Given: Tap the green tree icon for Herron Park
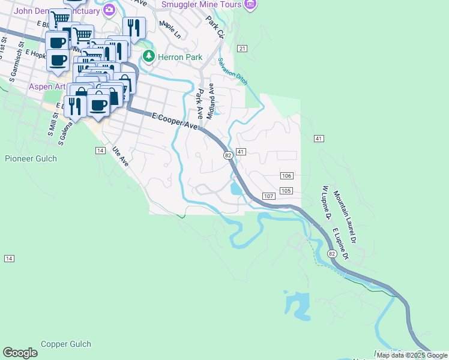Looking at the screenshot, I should point(148,56).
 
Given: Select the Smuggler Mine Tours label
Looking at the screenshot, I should point(201,4).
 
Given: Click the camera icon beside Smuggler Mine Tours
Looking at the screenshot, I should point(250,4).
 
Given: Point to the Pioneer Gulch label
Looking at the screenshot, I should point(31,159).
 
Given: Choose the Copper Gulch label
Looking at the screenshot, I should point(66,344).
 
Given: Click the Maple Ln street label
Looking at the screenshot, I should point(169,31).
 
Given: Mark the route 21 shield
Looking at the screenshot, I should point(242,48).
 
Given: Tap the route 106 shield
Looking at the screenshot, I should point(286,175).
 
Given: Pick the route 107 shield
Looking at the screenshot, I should point(269,196).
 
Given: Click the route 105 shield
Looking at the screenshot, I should point(286,191).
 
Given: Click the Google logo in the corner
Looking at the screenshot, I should point(20,352).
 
